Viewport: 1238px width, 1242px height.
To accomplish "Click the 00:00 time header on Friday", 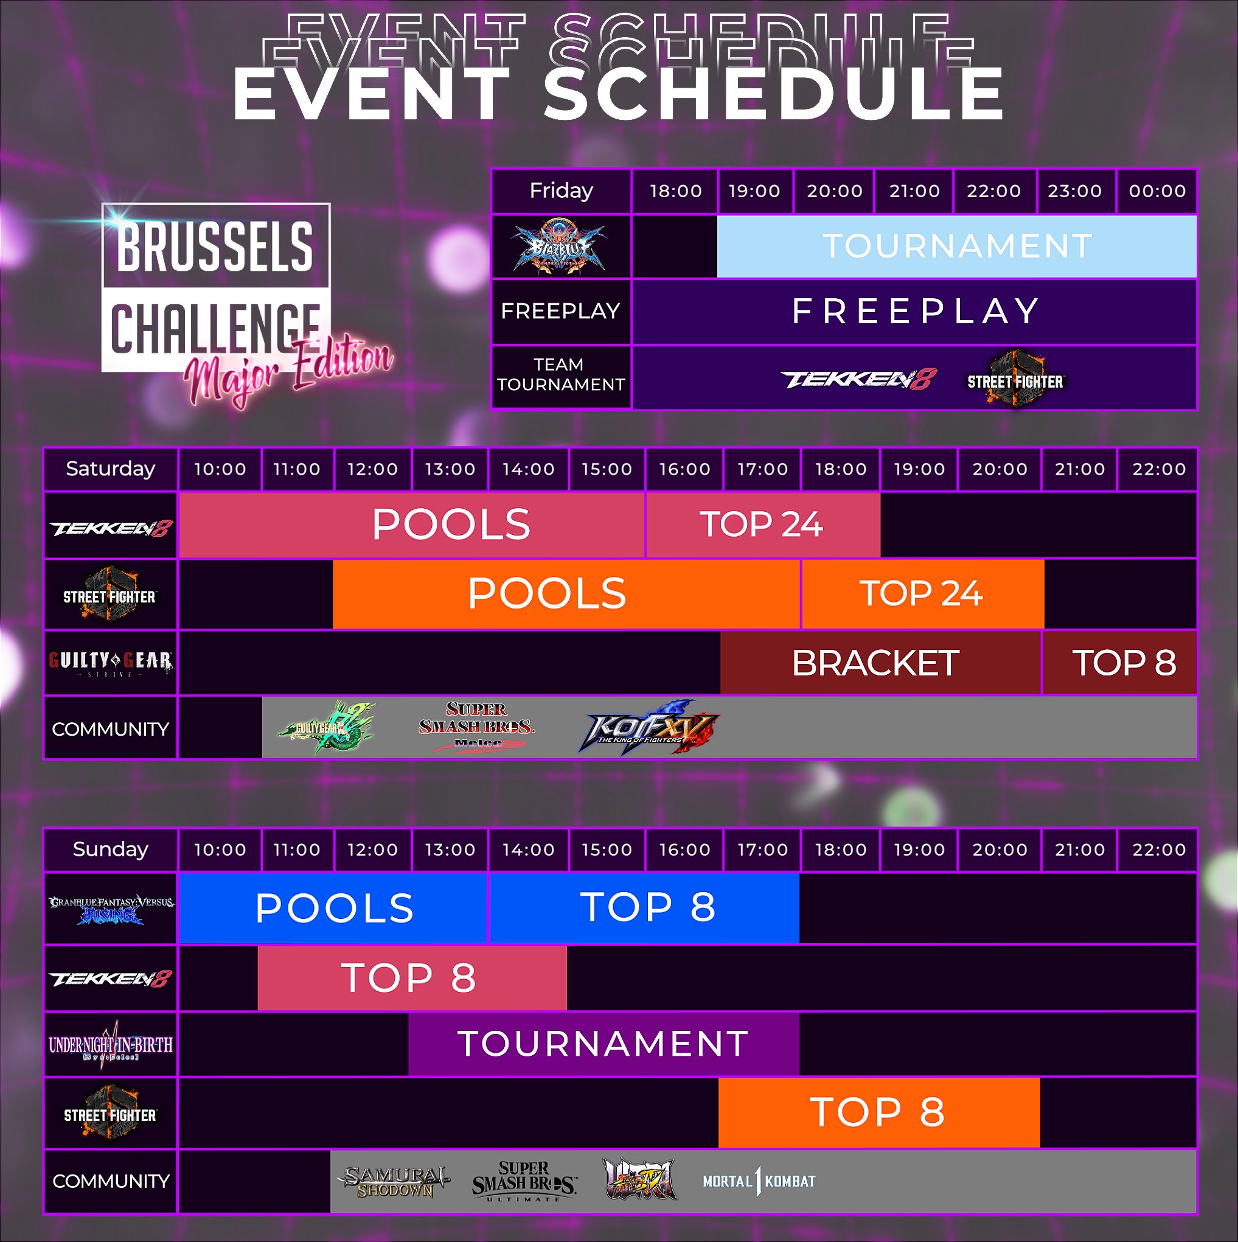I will click(x=1157, y=191).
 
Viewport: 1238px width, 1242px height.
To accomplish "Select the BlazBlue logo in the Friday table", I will click(x=559, y=247).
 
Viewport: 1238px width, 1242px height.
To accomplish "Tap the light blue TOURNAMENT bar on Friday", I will click(x=956, y=246).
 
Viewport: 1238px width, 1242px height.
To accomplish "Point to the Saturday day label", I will click(x=111, y=469).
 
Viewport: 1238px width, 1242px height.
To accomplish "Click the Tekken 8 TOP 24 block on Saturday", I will click(x=762, y=525).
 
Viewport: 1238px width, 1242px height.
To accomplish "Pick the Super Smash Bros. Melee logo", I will click(x=477, y=727).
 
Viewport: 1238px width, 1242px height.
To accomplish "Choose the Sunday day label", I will click(x=111, y=850).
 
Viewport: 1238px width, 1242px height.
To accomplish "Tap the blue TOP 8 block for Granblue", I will click(x=645, y=907).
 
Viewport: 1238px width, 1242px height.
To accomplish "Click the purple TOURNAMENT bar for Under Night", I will click(x=603, y=1044).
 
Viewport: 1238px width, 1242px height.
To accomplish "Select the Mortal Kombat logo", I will click(x=759, y=1182).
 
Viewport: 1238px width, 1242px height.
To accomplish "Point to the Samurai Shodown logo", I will click(x=394, y=1182).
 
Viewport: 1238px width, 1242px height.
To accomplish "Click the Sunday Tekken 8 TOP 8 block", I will click(x=411, y=978).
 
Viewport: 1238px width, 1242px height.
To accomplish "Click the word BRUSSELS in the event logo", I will click(x=215, y=246).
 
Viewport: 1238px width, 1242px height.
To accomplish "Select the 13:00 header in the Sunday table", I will click(x=450, y=850).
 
